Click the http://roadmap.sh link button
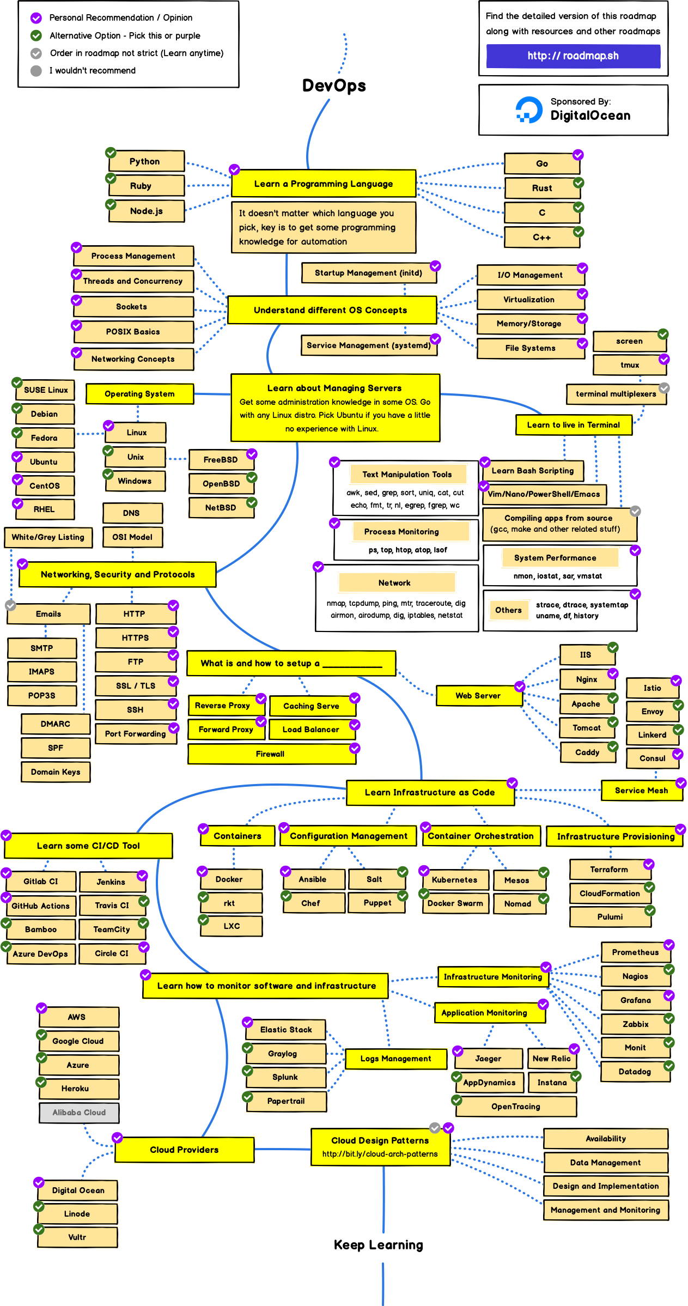(x=573, y=56)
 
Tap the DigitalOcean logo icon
(x=528, y=110)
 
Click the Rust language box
(x=541, y=188)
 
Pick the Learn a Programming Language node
(x=324, y=184)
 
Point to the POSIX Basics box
(x=133, y=331)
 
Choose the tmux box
(x=630, y=365)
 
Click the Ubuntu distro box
(x=44, y=461)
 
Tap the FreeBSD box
(x=221, y=460)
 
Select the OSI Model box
(x=132, y=537)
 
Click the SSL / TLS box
(x=136, y=686)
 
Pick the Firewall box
(x=270, y=754)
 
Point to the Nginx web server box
(x=586, y=679)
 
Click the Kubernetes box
(x=454, y=879)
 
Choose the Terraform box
(x=609, y=870)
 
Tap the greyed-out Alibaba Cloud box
(x=79, y=1113)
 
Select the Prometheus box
(x=635, y=952)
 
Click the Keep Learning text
(x=378, y=1245)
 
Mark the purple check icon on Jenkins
(x=142, y=875)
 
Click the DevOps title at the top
(x=334, y=86)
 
